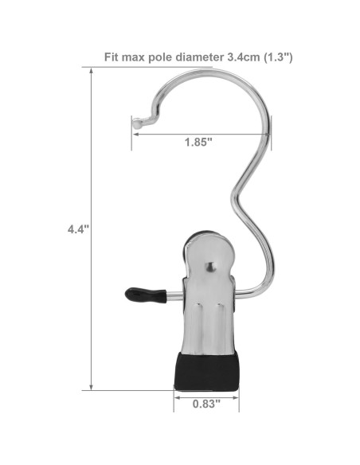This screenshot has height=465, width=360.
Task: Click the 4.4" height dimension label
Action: click(78, 229)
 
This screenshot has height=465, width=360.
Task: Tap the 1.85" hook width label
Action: click(198, 143)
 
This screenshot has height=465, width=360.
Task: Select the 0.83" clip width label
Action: click(206, 404)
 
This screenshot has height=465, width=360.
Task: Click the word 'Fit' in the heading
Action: click(112, 57)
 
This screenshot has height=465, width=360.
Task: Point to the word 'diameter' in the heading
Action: click(200, 57)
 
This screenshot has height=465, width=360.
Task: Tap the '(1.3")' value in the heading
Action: click(278, 57)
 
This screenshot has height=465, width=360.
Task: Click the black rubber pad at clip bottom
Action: click(206, 371)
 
